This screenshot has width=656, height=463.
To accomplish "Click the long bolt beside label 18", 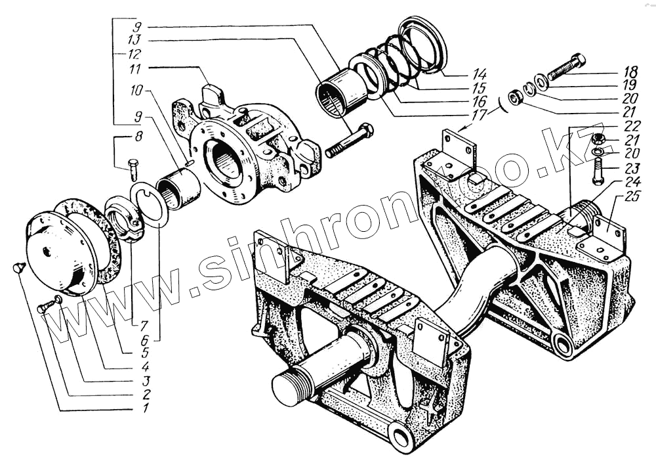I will click(x=566, y=68).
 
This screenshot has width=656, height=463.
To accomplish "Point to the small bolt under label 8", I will click(x=133, y=169).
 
